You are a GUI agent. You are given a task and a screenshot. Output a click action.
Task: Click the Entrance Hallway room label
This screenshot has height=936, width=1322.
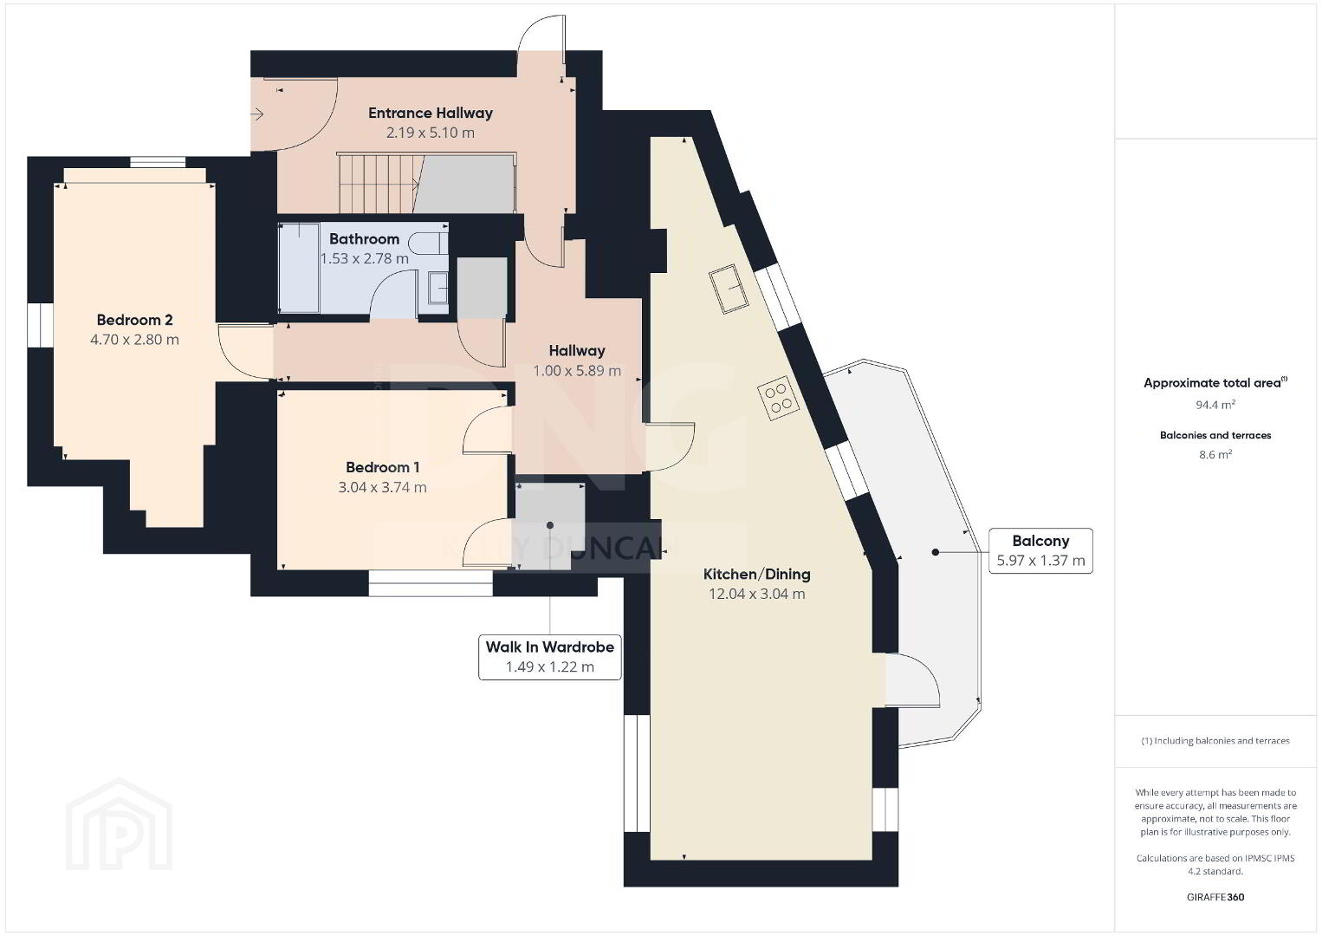click(x=431, y=113)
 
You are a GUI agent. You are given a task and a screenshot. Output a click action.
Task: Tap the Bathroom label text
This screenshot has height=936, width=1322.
click(x=364, y=239)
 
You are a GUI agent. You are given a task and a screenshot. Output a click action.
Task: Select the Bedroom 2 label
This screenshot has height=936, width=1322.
click(x=134, y=320)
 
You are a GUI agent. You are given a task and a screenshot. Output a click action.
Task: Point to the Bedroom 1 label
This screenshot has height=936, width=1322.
click(x=382, y=468)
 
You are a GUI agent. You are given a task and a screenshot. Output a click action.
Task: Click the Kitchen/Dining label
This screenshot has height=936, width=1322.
click(x=756, y=574)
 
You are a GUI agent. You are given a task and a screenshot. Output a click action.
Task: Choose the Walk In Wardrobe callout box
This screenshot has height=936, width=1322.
click(x=549, y=657)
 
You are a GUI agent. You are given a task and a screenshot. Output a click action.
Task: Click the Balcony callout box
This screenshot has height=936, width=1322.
click(x=1040, y=551)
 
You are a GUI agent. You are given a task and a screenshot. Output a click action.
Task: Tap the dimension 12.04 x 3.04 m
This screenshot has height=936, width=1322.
click(x=756, y=594)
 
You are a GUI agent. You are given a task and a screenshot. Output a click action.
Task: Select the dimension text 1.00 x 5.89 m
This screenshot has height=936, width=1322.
click(x=577, y=371)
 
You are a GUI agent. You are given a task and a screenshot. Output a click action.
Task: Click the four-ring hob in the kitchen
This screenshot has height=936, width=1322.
click(x=779, y=398)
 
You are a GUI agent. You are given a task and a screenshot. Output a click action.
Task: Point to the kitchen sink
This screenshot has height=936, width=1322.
click(x=729, y=289)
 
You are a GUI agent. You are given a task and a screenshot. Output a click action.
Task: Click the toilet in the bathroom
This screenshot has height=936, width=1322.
click(x=428, y=242)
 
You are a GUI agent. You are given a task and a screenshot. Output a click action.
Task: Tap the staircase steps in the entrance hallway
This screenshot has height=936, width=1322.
click(x=378, y=184)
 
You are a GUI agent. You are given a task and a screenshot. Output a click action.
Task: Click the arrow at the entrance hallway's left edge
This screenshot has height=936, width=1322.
click(x=257, y=114)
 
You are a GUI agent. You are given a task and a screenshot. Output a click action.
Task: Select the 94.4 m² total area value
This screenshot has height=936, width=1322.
click(x=1215, y=405)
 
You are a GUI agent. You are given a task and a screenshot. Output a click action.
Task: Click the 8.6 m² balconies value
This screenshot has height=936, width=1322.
click(x=1215, y=454)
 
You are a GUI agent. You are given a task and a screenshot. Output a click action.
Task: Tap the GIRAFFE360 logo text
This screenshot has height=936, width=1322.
click(x=1215, y=897)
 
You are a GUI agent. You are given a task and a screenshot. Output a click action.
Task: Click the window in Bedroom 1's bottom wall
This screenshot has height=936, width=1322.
click(x=431, y=583)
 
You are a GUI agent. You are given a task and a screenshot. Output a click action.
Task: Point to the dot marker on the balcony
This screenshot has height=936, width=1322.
click(x=935, y=552)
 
